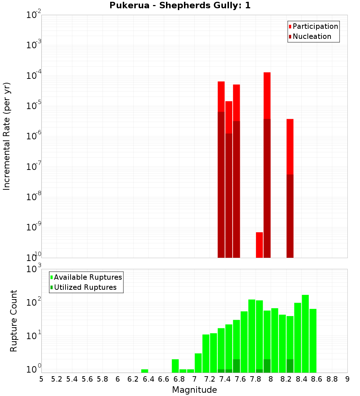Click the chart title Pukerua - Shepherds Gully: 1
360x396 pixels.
coord(180,6)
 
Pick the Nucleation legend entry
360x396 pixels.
coord(312,36)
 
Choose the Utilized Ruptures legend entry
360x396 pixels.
coord(85,287)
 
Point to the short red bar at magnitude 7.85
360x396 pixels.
coord(259,245)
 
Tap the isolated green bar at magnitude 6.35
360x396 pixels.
coord(145,371)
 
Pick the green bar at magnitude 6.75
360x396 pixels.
coord(175,366)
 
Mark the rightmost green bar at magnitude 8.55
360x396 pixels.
coord(313,341)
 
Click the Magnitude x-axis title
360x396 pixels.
coord(194,390)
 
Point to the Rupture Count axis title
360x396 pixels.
coord(14,321)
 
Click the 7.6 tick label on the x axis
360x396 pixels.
coord(240,379)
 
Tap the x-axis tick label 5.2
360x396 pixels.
coord(57,379)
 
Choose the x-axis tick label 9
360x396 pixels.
coord(347,379)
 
